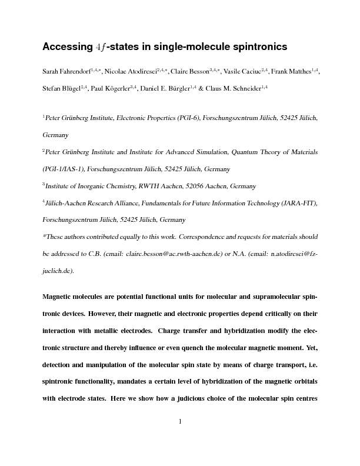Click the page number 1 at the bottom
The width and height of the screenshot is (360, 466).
(x=180, y=421)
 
